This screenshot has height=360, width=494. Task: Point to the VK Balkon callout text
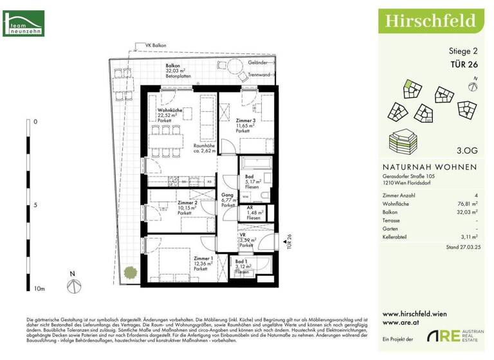tap(156, 45)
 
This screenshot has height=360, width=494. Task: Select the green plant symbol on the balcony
tap(131, 272)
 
